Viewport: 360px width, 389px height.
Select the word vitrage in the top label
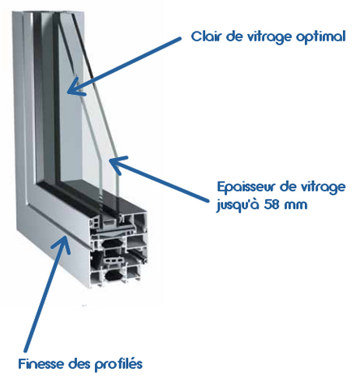point(269,37)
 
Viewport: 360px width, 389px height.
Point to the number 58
point(272,204)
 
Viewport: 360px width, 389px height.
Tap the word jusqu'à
point(238,205)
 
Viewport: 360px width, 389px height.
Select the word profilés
point(118,365)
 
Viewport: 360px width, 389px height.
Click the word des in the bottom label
point(79,364)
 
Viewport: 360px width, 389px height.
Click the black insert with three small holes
point(114,261)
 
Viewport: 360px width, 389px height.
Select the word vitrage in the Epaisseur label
point(323,188)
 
